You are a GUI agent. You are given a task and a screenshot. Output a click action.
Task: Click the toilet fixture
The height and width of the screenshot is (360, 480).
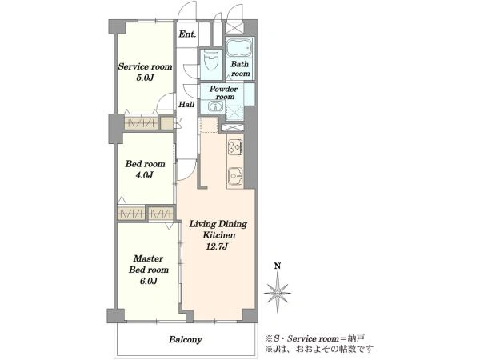point(212,62)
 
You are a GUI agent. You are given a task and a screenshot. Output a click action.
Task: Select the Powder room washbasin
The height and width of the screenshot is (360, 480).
point(216,107)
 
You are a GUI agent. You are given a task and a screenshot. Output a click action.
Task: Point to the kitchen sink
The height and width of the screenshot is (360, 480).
point(235,177)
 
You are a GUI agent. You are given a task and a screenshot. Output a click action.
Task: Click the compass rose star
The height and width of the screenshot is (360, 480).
point(278,293)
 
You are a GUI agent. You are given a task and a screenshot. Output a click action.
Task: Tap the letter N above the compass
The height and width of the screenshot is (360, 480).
point(278,266)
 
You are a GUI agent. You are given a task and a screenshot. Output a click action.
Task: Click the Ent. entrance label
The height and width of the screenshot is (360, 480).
point(187,34)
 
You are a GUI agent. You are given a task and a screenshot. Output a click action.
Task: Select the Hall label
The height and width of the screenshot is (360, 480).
point(186,104)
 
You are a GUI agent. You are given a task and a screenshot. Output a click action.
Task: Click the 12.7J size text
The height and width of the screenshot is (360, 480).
point(217,246)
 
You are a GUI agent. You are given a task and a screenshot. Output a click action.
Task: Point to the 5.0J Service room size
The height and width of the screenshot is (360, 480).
point(145,78)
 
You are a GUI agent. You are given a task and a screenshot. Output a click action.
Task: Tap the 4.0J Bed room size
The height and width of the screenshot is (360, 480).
point(145,174)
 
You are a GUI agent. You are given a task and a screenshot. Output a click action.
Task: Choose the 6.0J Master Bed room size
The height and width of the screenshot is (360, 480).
point(149,281)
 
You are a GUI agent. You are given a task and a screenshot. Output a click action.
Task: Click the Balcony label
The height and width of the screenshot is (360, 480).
point(186,339)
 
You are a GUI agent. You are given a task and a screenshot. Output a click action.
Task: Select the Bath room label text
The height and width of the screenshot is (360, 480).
point(240,69)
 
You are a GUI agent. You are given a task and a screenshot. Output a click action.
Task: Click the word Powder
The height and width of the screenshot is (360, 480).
point(223,89)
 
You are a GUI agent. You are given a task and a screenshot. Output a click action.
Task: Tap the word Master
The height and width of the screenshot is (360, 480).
point(149,258)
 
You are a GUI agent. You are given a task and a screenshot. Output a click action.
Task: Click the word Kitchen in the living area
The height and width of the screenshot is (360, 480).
point(219,235)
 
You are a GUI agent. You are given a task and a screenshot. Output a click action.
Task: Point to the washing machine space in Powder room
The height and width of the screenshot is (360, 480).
point(234,113)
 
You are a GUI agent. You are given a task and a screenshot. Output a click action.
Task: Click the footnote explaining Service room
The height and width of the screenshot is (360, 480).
point(314,338)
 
